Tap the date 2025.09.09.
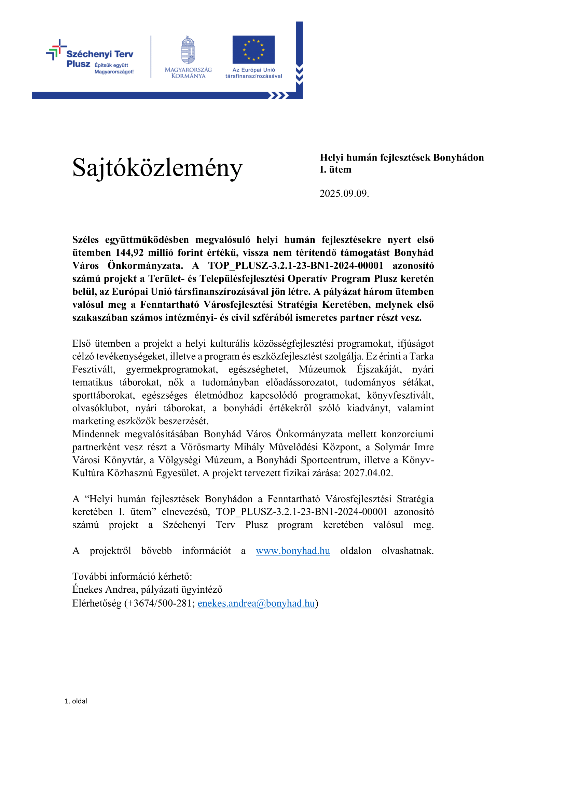point(344,193)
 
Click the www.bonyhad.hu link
point(293,551)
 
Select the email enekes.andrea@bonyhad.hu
point(256,603)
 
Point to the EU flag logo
point(253,50)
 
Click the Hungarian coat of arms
point(188,50)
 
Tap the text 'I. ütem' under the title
point(335,170)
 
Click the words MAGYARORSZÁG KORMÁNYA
point(188,73)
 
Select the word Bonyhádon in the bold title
point(458,157)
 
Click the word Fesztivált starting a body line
point(94,369)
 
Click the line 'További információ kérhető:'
point(132,576)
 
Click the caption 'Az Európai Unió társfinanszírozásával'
point(253,73)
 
